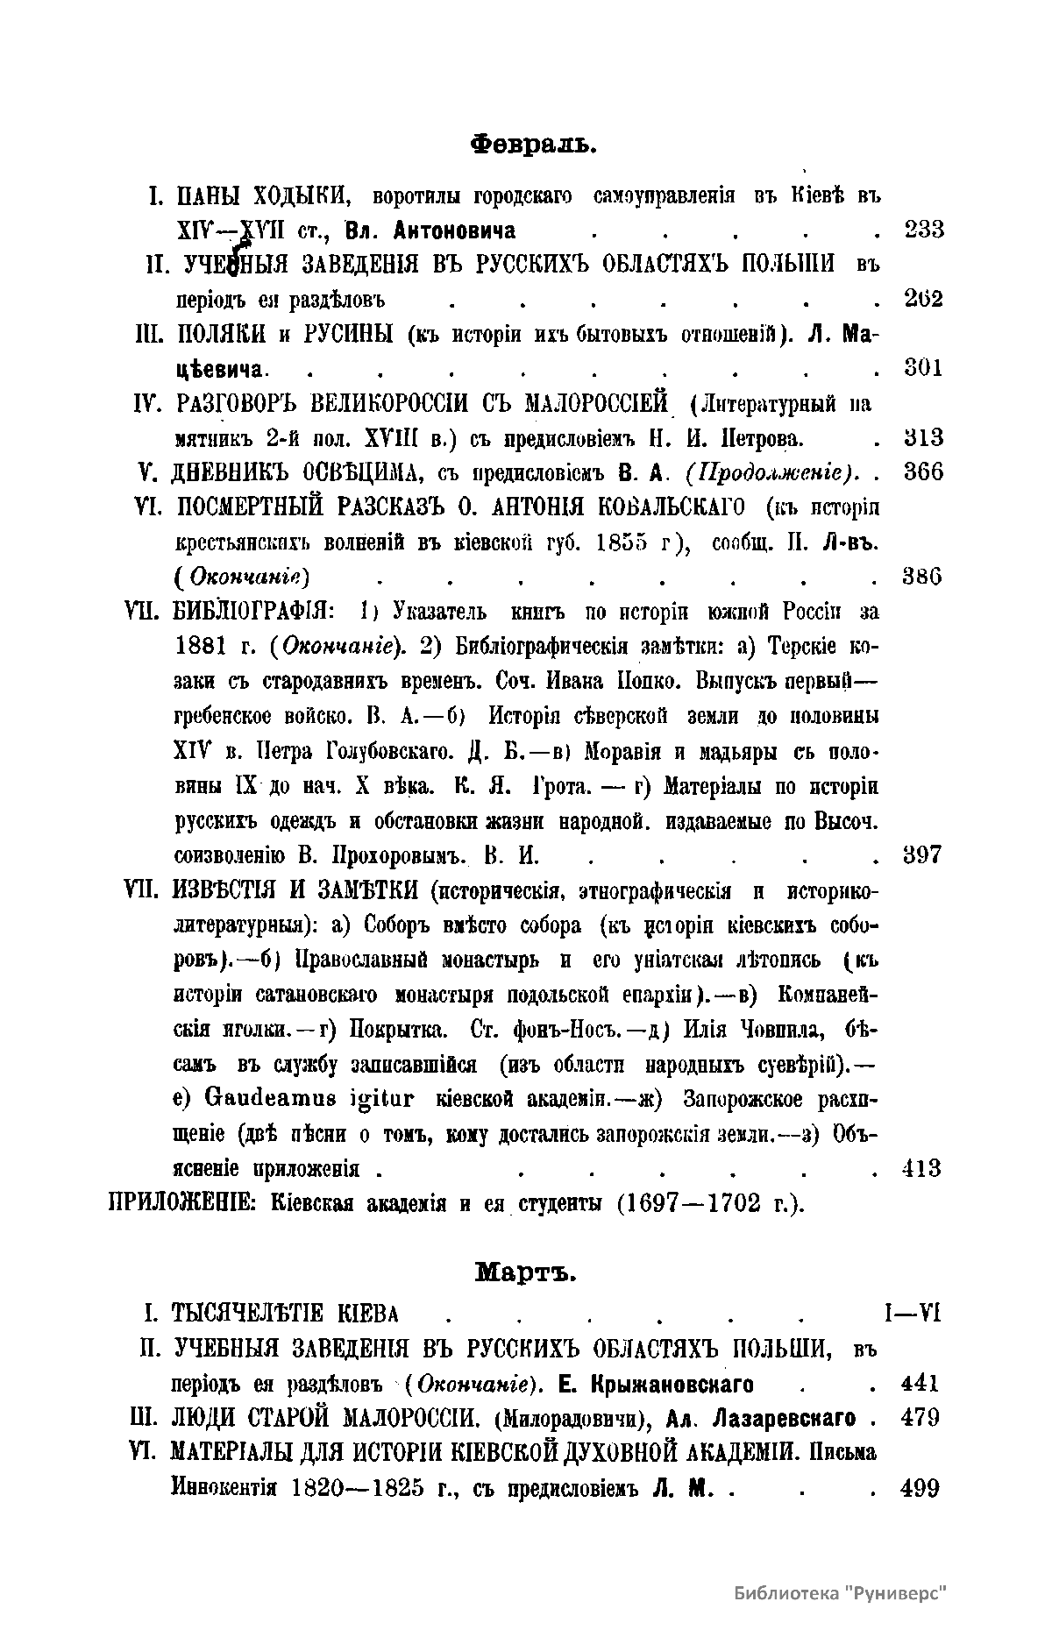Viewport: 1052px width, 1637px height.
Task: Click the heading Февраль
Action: [x=533, y=142]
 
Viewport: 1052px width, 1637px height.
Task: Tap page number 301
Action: [x=922, y=368]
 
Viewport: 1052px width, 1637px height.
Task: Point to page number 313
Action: [x=922, y=437]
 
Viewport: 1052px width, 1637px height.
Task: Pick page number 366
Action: [x=922, y=471]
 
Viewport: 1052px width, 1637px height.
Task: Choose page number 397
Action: [x=922, y=854]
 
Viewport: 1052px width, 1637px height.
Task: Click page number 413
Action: [x=921, y=1167]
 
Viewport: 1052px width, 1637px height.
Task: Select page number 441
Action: [x=920, y=1384]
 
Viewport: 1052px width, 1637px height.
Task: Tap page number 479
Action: [x=920, y=1418]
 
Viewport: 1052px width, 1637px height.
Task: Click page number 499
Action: [x=920, y=1487]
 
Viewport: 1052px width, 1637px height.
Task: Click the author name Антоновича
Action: [x=455, y=230]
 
